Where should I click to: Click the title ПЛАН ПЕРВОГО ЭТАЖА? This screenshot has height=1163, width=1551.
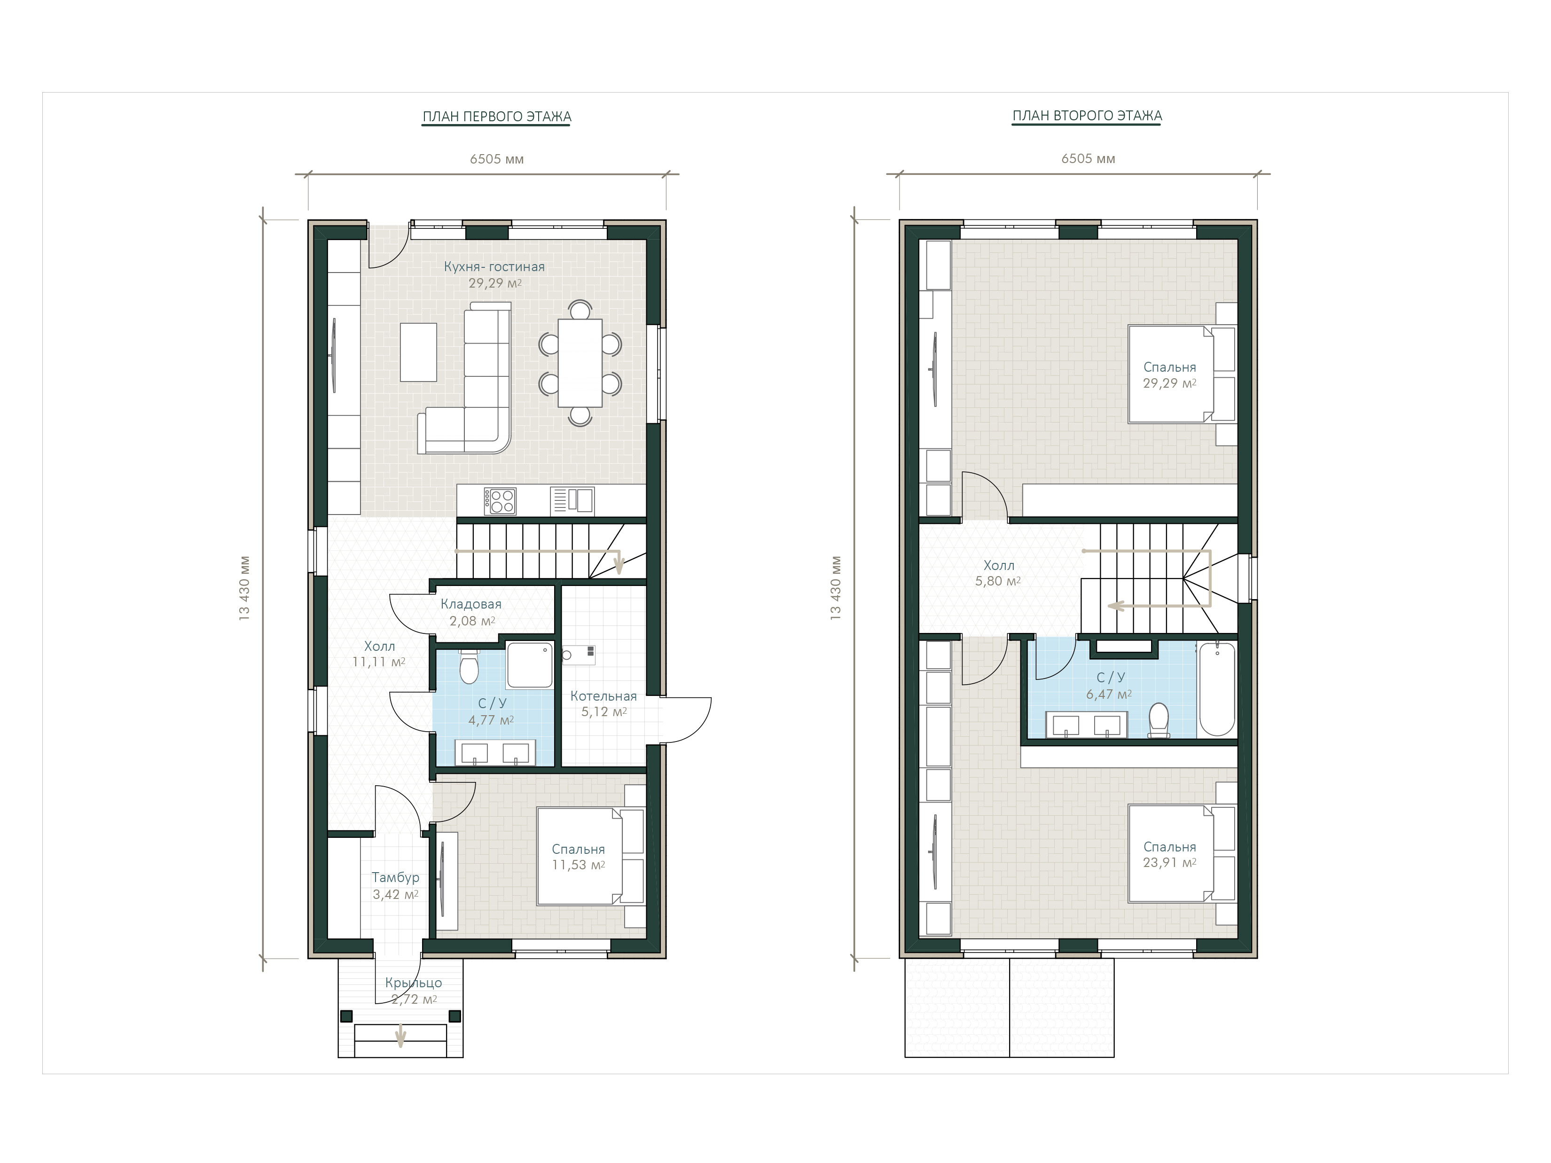(496, 117)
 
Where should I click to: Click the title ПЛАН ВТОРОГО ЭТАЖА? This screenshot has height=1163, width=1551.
(1087, 116)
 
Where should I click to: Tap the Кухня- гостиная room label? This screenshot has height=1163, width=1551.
(494, 266)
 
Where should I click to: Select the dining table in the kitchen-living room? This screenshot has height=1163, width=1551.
(580, 362)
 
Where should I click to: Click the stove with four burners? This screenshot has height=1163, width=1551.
(500, 501)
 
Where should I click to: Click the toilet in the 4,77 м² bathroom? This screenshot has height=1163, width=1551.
(469, 667)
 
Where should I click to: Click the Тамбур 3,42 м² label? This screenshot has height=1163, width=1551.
(395, 885)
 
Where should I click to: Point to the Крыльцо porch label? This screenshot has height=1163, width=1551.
(414, 983)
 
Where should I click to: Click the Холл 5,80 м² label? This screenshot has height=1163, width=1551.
(998, 573)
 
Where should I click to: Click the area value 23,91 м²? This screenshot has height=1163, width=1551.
(1169, 863)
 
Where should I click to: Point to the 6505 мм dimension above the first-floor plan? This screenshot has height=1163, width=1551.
(496, 159)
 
